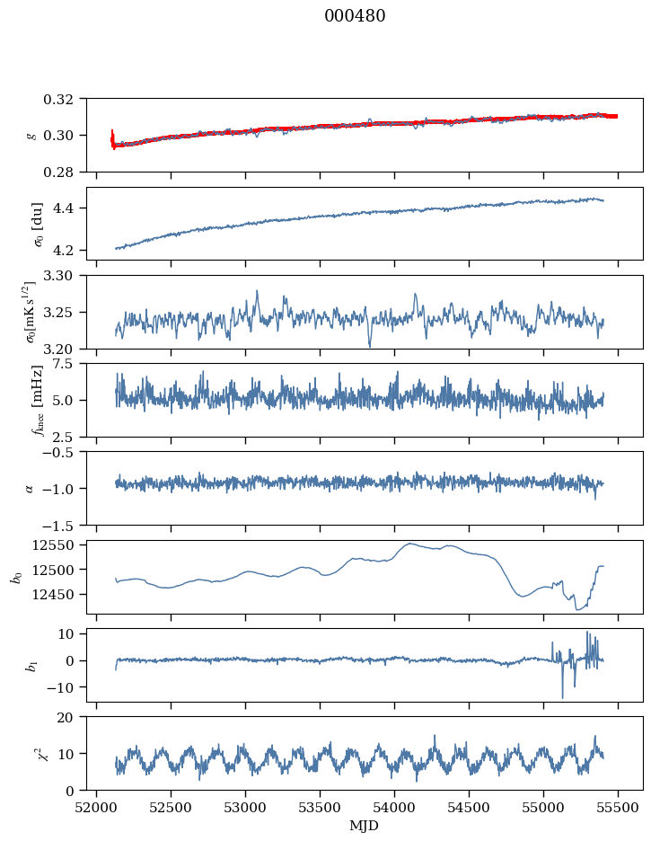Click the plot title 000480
point(355,15)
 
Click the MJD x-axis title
point(364,825)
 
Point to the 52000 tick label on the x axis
point(96,808)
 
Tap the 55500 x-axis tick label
point(618,808)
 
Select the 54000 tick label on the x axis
point(394,808)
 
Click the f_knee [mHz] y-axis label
point(38,400)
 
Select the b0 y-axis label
point(18,577)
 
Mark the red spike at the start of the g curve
point(112,139)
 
